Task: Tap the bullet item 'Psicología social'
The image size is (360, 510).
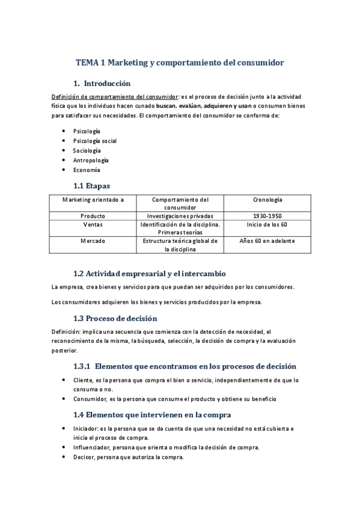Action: [94, 141]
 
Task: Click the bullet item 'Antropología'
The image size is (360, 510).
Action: [91, 160]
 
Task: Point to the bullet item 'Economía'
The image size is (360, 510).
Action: [86, 170]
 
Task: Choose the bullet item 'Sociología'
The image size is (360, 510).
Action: [88, 150]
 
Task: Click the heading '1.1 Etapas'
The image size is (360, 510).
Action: [91, 186]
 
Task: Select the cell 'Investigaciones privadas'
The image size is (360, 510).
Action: [180, 215]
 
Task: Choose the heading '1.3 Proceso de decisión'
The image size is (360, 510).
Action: [115, 318]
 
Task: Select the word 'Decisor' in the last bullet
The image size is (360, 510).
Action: [83, 457]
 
